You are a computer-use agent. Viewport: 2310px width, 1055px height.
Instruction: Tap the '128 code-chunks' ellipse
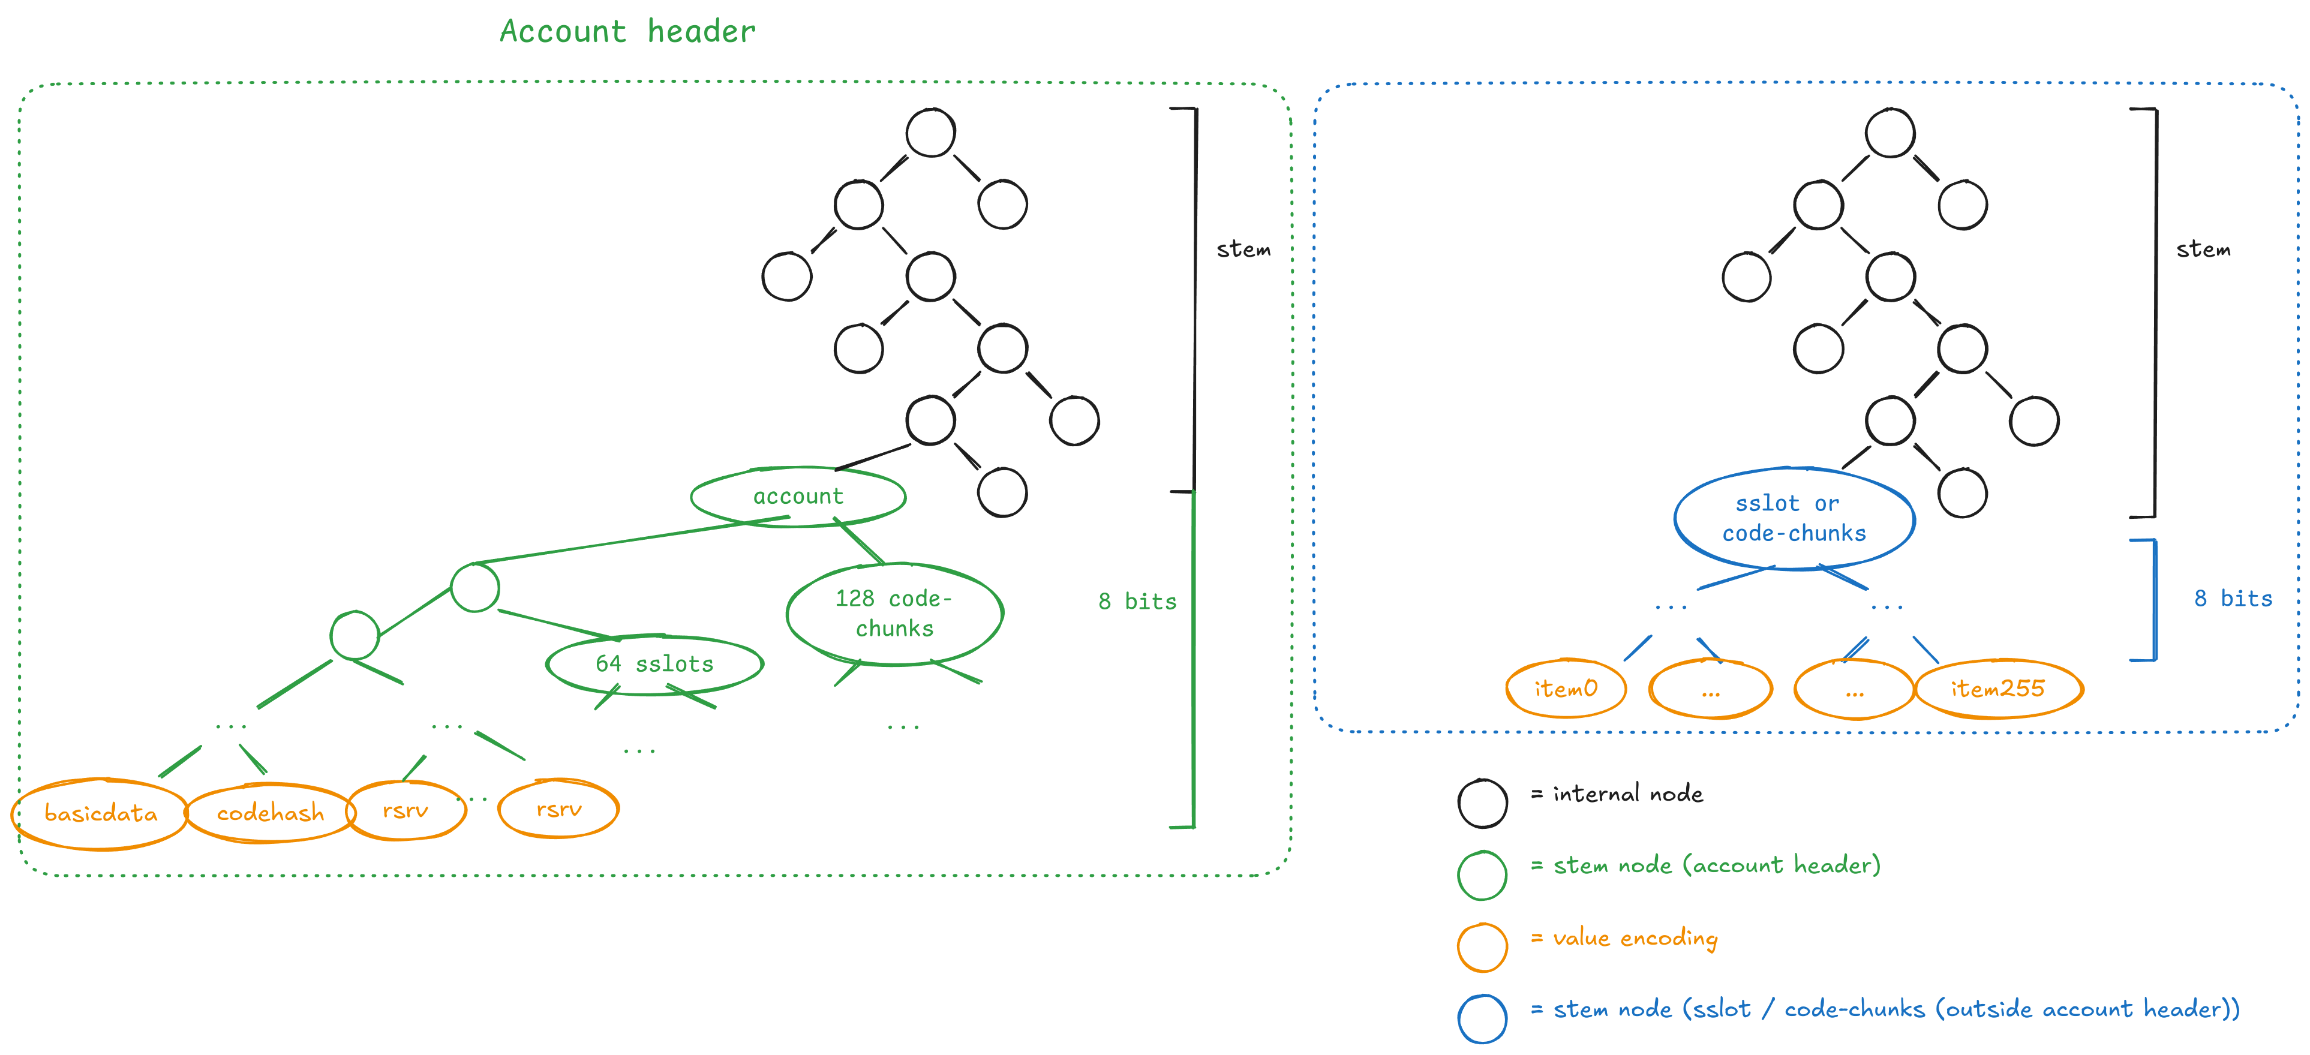pos(894,614)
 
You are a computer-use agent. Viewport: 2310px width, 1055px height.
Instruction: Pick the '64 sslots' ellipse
pos(654,664)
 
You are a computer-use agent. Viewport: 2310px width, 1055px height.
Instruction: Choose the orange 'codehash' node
pos(270,813)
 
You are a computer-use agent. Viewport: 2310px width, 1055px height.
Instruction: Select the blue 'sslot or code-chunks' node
pos(1794,519)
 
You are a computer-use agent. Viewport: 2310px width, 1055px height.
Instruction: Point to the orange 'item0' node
pos(1566,689)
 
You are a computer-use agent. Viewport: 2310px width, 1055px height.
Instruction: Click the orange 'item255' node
pos(1998,689)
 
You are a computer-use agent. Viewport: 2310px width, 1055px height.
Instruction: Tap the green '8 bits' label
pos(1137,602)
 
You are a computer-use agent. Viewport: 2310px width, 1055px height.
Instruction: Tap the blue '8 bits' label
pos(2233,599)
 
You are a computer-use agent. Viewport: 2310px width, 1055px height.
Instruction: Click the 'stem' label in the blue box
pos(2203,249)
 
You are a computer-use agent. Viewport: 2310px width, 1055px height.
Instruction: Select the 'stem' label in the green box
pos(1243,249)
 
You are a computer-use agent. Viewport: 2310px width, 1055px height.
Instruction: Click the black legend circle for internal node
pos(1482,803)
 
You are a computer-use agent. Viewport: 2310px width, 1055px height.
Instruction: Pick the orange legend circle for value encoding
pos(1482,948)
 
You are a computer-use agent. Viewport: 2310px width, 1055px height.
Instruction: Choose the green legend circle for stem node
pos(1482,875)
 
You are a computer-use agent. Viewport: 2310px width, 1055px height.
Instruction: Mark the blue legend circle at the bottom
pos(1482,1019)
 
